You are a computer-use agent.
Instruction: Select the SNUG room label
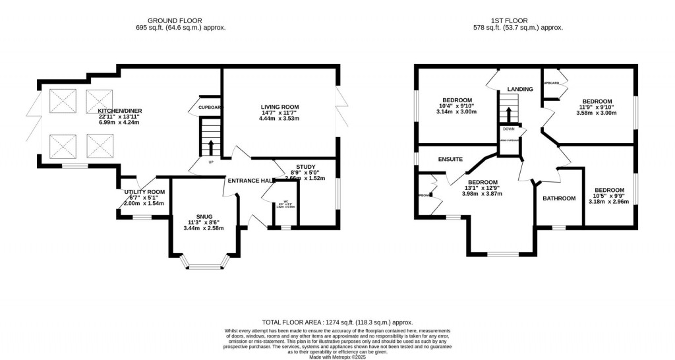(x=204, y=216)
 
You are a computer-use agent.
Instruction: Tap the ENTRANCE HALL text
(x=250, y=181)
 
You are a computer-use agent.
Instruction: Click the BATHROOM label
(x=559, y=198)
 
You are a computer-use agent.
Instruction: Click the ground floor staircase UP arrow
(x=210, y=146)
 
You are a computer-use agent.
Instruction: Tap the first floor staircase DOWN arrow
(x=509, y=109)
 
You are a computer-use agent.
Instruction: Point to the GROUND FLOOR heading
(x=175, y=20)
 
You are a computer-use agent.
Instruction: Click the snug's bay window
(x=204, y=266)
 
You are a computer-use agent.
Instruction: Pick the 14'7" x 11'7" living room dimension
(x=279, y=113)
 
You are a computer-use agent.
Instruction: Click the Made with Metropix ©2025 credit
(x=337, y=356)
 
